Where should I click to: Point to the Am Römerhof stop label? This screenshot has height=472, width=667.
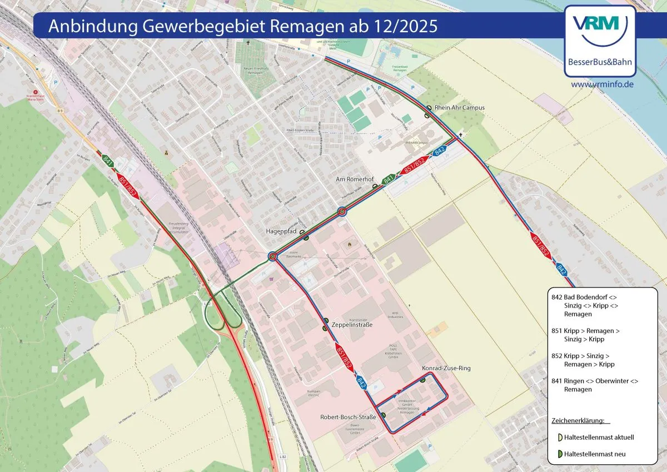pyautogui.click(x=355, y=180)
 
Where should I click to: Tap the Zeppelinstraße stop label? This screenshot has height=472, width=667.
pyautogui.click(x=352, y=324)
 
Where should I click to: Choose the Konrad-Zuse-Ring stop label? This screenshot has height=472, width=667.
pyautogui.click(x=443, y=369)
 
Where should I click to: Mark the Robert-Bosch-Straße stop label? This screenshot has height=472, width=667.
pyautogui.click(x=349, y=417)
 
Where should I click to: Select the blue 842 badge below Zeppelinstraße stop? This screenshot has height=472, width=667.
pyautogui.click(x=362, y=382)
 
